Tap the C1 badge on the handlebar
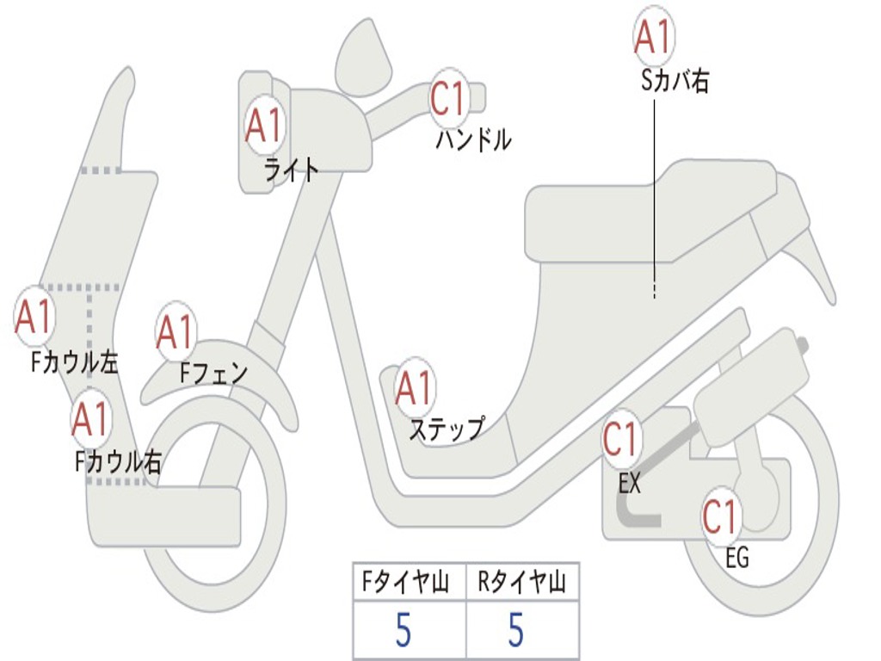pyautogui.click(x=449, y=98)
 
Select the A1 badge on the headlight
pyautogui.click(x=263, y=126)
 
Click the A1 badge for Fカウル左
pyautogui.click(x=34, y=317)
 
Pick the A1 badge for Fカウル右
pyautogui.click(x=90, y=418)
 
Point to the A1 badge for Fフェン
pyautogui.click(x=176, y=331)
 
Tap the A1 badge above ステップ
pyautogui.click(x=415, y=388)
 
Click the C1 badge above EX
pyautogui.click(x=621, y=439)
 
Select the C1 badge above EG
pyautogui.click(x=721, y=516)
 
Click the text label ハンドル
pyautogui.click(x=472, y=139)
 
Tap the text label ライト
pyautogui.click(x=291, y=170)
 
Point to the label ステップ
pyautogui.click(x=446, y=428)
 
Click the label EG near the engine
pyautogui.click(x=736, y=558)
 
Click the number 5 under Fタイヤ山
pyautogui.click(x=403, y=631)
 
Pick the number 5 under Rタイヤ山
pyautogui.click(x=515, y=631)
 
